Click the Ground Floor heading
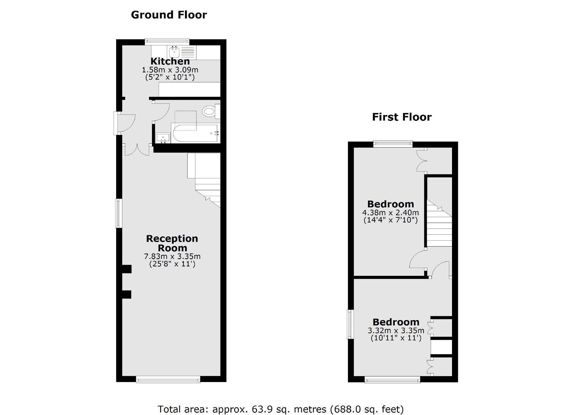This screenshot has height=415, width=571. pyautogui.click(x=169, y=15)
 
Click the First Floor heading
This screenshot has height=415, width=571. pyautogui.click(x=402, y=117)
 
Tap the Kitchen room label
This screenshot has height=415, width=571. pyautogui.click(x=170, y=61)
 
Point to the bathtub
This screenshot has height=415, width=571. pyautogui.click(x=195, y=134)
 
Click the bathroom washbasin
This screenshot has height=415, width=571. pyautogui.click(x=163, y=138)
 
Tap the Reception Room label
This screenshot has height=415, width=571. pyautogui.click(x=172, y=243)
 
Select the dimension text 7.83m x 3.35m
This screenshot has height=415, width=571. pyautogui.click(x=172, y=257)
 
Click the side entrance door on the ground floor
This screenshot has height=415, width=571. pyautogui.click(x=125, y=123)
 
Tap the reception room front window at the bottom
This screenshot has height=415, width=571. pyautogui.click(x=168, y=380)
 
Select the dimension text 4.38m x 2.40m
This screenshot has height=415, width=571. pyautogui.click(x=390, y=213)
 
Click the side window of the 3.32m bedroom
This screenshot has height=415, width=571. pyautogui.click(x=350, y=324)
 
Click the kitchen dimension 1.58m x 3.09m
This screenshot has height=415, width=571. pyautogui.click(x=170, y=70)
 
